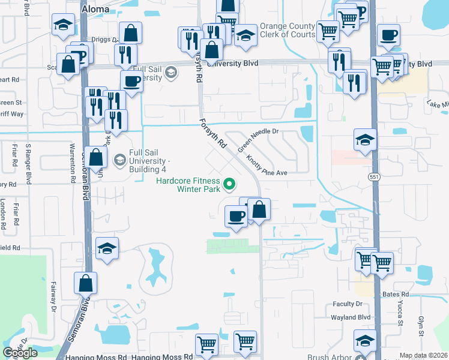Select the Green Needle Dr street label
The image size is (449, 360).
258,140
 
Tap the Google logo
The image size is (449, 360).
20,353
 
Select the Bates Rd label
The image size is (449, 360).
395,295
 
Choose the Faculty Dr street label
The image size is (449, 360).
348,304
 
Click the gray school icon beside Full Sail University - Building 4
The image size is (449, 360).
120,160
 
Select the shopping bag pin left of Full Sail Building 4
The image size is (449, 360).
96,158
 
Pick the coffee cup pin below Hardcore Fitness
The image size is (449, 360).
237,217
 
